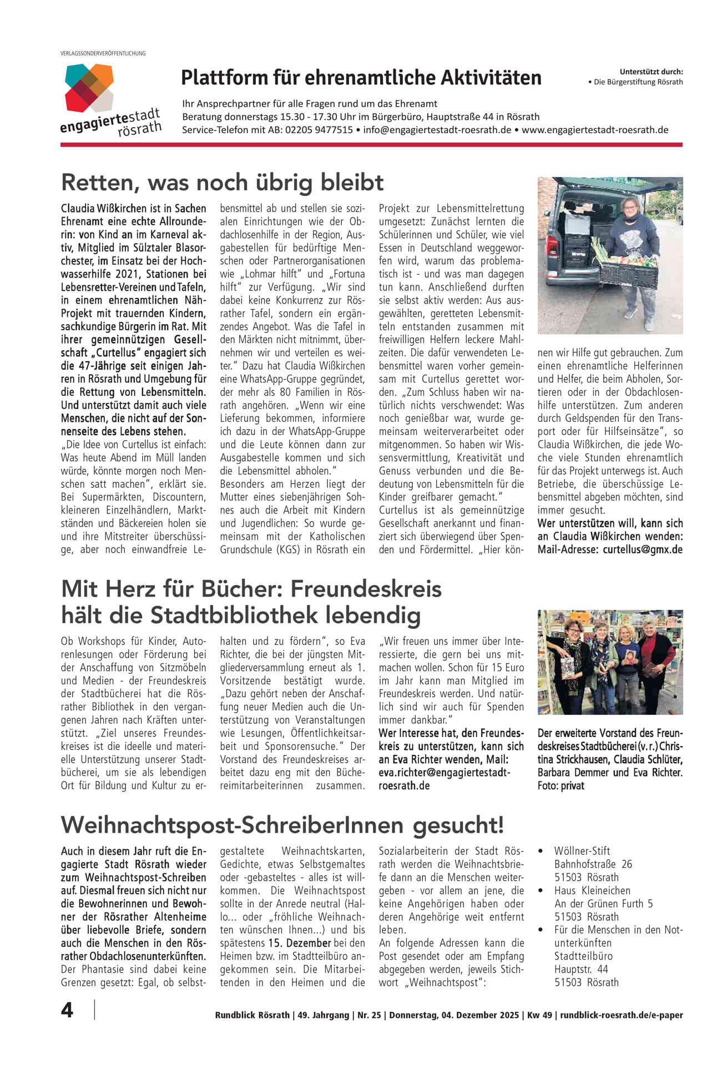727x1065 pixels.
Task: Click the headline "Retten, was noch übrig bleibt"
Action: pos(223,182)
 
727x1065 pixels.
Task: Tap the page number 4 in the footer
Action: pos(67,1010)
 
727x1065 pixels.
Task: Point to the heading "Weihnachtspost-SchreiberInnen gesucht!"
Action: pos(282,825)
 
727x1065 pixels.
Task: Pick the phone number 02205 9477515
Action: pos(319,130)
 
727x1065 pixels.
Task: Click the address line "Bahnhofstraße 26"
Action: pos(593,864)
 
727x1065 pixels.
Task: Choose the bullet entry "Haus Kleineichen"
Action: pos(584,890)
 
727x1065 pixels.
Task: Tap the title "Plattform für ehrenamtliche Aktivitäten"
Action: pos(361,78)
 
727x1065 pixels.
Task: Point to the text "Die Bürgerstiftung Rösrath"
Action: pos(638,82)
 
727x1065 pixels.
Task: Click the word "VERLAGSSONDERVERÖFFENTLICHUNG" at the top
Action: pos(103,53)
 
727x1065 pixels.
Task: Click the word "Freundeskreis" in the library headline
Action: pos(366,588)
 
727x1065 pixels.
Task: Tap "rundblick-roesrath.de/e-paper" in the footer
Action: pos(622,1015)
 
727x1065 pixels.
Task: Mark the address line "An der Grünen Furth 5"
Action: pos(603,904)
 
